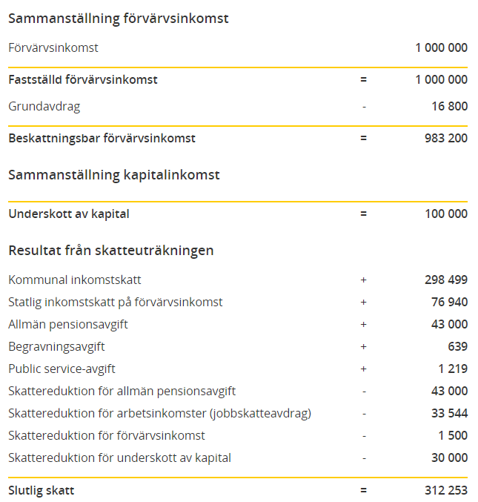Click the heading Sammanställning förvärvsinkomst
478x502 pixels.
pyautogui.click(x=119, y=19)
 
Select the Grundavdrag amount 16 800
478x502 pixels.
pyautogui.click(x=449, y=106)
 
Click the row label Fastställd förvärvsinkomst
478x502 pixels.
pyautogui.click(x=83, y=79)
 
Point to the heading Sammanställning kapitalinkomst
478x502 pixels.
pyautogui.click(x=114, y=175)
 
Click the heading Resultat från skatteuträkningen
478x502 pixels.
pyautogui.click(x=111, y=250)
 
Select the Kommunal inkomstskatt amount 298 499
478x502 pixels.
pyautogui.click(x=445, y=280)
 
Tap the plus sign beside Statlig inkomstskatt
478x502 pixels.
pyautogui.click(x=364, y=302)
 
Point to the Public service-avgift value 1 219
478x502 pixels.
pyautogui.click(x=452, y=369)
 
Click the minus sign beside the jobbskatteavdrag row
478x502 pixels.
pyautogui.click(x=364, y=413)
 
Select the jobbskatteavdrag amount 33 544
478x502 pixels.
pyautogui.click(x=449, y=413)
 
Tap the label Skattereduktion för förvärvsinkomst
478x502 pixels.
pyautogui.click(x=107, y=435)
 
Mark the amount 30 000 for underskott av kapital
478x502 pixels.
pyautogui.click(x=449, y=458)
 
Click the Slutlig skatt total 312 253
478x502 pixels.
pyautogui.click(x=445, y=490)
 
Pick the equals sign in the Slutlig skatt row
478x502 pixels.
pyautogui.click(x=364, y=490)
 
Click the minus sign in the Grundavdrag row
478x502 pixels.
pyautogui.click(x=364, y=106)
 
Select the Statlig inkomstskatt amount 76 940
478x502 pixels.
pyautogui.click(x=449, y=302)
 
